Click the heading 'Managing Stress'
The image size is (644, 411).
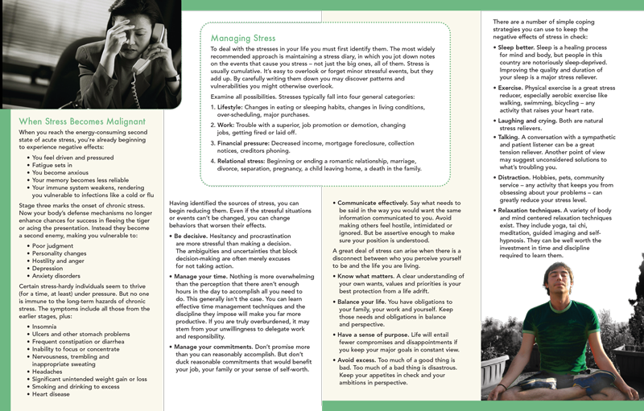coord(242,38)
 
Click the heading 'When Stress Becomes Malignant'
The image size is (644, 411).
coord(81,121)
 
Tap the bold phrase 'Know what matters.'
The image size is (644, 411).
coord(369,277)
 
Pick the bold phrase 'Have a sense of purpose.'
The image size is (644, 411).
coord(379,334)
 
